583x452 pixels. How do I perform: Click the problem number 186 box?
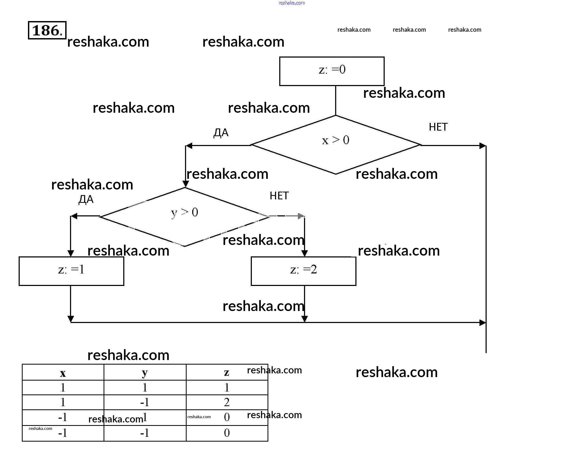47,30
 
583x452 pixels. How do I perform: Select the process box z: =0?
332,71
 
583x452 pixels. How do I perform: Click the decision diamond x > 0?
335,145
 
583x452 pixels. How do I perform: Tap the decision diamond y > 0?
185,217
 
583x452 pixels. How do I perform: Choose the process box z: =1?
71,271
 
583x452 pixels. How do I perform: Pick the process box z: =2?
303,271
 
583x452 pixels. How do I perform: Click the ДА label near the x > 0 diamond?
221,132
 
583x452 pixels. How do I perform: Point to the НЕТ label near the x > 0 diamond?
438,127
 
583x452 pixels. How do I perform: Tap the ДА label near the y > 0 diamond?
86,199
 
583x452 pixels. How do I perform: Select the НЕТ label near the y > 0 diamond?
279,196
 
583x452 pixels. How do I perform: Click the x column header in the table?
63,373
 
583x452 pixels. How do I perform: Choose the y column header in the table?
145,373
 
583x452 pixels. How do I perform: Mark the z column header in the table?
227,372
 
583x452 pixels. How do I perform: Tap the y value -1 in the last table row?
145,433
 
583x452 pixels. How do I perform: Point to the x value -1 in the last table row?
63,433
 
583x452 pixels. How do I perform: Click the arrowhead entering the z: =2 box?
305,253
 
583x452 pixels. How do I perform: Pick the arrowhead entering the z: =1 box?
71,253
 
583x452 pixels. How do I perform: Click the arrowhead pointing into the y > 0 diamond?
186,184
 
